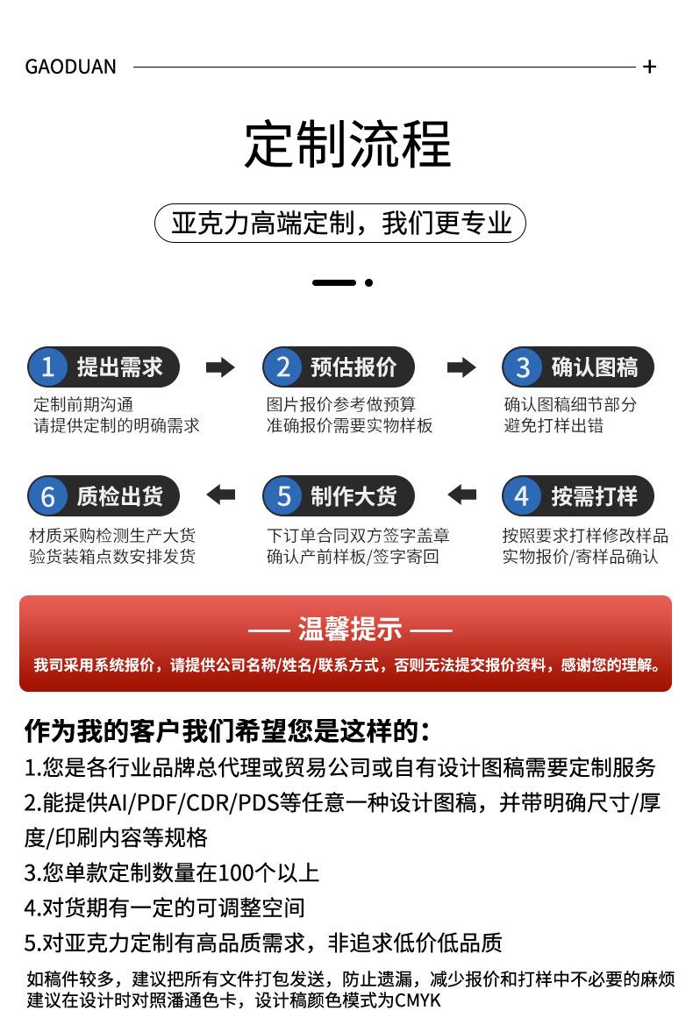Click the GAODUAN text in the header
click(x=70, y=67)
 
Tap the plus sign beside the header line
click(x=649, y=67)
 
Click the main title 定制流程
click(x=347, y=144)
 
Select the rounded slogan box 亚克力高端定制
click(x=339, y=223)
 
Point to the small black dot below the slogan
click(x=369, y=282)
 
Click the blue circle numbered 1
click(x=47, y=367)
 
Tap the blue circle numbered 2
click(x=282, y=367)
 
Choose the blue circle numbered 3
click(x=523, y=367)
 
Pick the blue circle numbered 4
click(x=523, y=495)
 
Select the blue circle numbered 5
click(x=282, y=495)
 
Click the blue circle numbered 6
click(x=47, y=495)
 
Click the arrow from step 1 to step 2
click(x=220, y=367)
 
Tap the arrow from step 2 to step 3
click(x=461, y=367)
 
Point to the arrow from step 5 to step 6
click(x=221, y=495)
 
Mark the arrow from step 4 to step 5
click(x=461, y=495)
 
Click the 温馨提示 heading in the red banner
click(x=350, y=630)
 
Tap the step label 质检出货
click(x=120, y=495)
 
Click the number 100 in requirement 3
click(x=237, y=872)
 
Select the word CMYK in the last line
click(x=418, y=1000)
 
